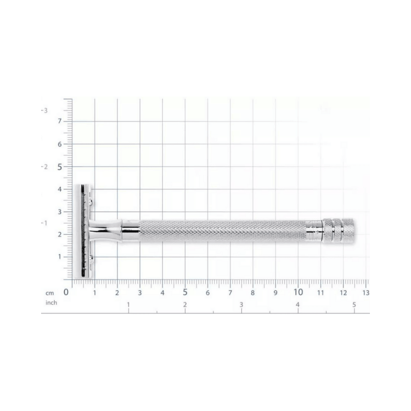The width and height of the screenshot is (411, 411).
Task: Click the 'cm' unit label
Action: click(50, 293)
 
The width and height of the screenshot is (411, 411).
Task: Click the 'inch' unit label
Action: click(51, 302)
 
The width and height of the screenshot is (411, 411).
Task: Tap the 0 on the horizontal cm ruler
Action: click(66, 292)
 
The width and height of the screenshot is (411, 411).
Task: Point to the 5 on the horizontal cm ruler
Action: click(185, 292)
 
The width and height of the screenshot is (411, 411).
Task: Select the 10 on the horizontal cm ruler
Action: click(298, 292)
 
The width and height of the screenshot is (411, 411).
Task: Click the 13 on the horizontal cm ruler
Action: click(366, 293)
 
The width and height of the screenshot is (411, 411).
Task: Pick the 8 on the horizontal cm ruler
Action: click(253, 293)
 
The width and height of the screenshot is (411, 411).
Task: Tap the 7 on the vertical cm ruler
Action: click(60, 121)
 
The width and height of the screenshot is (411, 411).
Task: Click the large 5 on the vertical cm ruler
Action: click(60, 167)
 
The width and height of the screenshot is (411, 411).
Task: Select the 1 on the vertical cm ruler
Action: click(60, 256)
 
